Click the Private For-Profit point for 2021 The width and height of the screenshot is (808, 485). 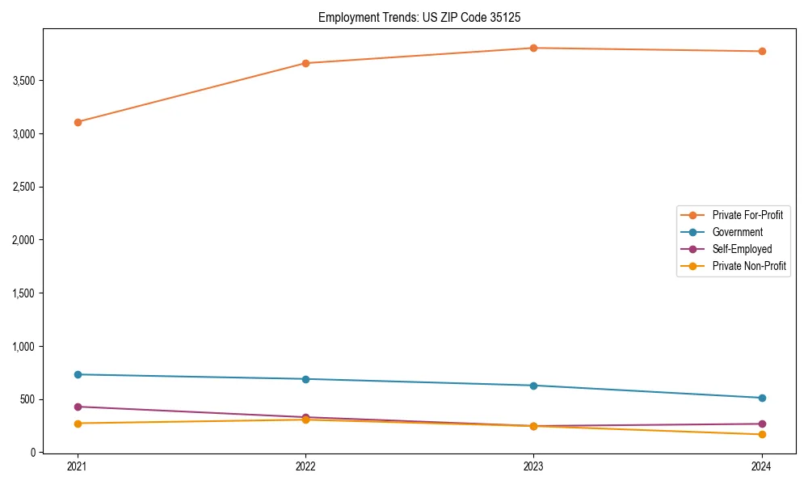[78, 122]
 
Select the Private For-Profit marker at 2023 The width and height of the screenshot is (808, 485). [533, 48]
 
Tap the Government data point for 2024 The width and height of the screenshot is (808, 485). [761, 398]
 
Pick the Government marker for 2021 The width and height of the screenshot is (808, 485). [78, 374]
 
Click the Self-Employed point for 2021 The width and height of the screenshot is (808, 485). [78, 407]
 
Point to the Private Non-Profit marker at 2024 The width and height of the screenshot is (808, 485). [761, 435]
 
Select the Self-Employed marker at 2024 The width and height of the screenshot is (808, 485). [761, 424]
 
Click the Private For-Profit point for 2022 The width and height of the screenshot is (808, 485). [305, 63]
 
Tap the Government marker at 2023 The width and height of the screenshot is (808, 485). [533, 386]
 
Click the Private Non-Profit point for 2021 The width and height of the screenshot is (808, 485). [78, 424]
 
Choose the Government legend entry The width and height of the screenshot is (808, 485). [737, 232]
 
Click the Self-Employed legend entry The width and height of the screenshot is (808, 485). [742, 249]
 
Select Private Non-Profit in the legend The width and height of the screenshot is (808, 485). [749, 266]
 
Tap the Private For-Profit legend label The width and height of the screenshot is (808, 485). [747, 215]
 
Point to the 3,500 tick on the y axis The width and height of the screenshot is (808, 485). [24, 81]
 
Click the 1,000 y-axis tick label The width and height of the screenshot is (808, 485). [24, 347]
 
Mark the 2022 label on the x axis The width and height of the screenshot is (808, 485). [305, 466]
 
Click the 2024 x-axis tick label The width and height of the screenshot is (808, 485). [761, 466]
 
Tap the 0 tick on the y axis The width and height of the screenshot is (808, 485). [33, 453]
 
